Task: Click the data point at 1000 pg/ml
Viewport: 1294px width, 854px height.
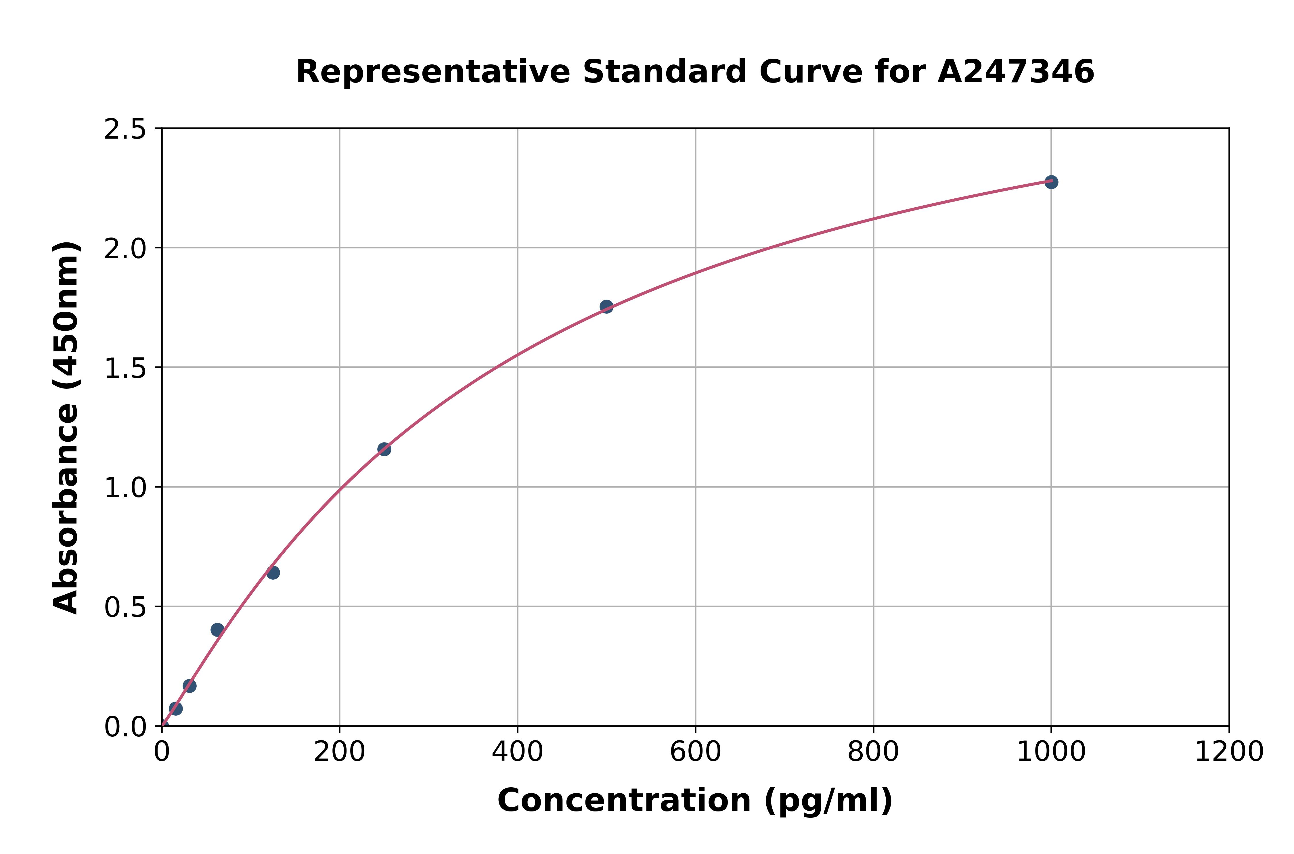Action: click(1051, 182)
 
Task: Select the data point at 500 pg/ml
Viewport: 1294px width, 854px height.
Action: click(606, 307)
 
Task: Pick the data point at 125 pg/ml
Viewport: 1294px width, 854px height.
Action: click(273, 572)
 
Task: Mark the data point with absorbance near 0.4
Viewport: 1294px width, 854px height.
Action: click(217, 630)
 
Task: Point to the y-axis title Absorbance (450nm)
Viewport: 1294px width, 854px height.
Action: click(66, 428)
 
